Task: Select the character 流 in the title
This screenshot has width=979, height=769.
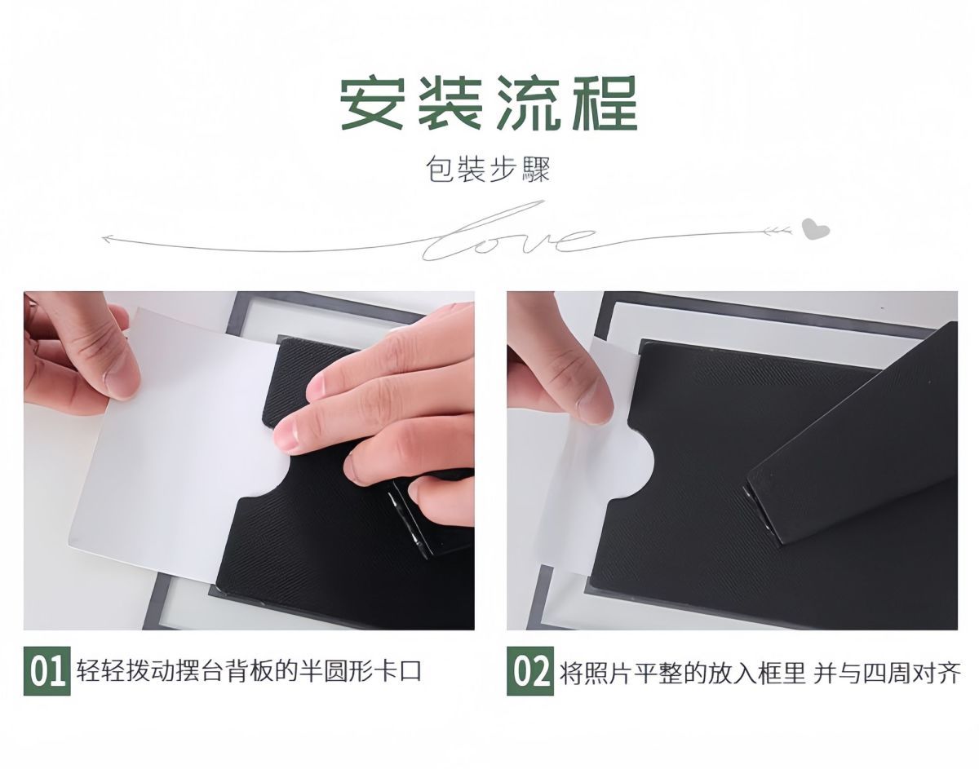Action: coord(528,103)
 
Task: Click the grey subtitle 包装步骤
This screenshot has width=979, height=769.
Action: coord(489,170)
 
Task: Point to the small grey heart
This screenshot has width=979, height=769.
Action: coord(815,229)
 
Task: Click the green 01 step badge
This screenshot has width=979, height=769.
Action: coord(47,671)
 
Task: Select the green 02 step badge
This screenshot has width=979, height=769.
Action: coord(530,671)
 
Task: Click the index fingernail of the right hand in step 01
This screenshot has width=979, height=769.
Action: coord(287,432)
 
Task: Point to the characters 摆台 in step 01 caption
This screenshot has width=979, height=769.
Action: coord(204,671)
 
